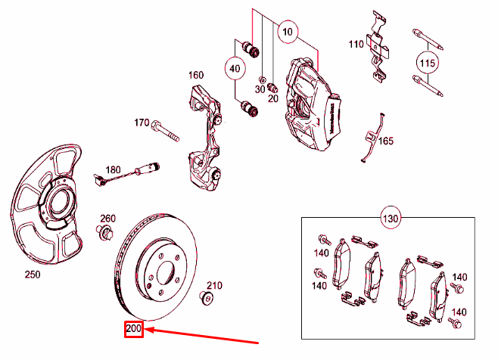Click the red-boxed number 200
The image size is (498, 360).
134,331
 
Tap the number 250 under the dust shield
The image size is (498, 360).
32,275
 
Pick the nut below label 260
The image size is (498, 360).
103,231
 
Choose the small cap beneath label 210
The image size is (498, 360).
205,296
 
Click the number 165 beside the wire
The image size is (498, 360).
386,141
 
